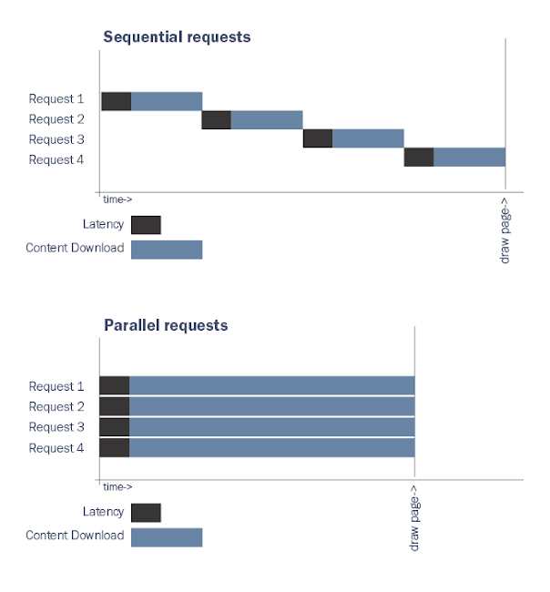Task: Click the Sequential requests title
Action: click(x=177, y=37)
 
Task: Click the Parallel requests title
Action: click(x=166, y=325)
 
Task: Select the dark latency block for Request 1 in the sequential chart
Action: click(x=116, y=100)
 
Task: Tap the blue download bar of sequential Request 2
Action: click(x=267, y=120)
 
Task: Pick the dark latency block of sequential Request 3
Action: click(x=318, y=138)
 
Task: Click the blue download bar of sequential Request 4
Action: click(x=469, y=157)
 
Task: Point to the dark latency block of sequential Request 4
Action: click(x=419, y=157)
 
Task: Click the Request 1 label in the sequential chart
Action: click(x=56, y=99)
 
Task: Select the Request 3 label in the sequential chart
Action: click(x=56, y=139)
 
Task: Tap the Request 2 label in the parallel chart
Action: click(x=56, y=406)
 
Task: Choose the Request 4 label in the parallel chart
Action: click(x=56, y=447)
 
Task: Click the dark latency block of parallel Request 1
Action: click(x=114, y=386)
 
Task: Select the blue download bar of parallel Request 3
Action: click(x=271, y=427)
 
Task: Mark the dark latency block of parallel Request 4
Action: click(x=114, y=447)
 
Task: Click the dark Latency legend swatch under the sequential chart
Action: click(x=146, y=225)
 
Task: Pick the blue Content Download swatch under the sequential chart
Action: click(x=167, y=249)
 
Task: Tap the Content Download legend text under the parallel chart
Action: click(x=75, y=536)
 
